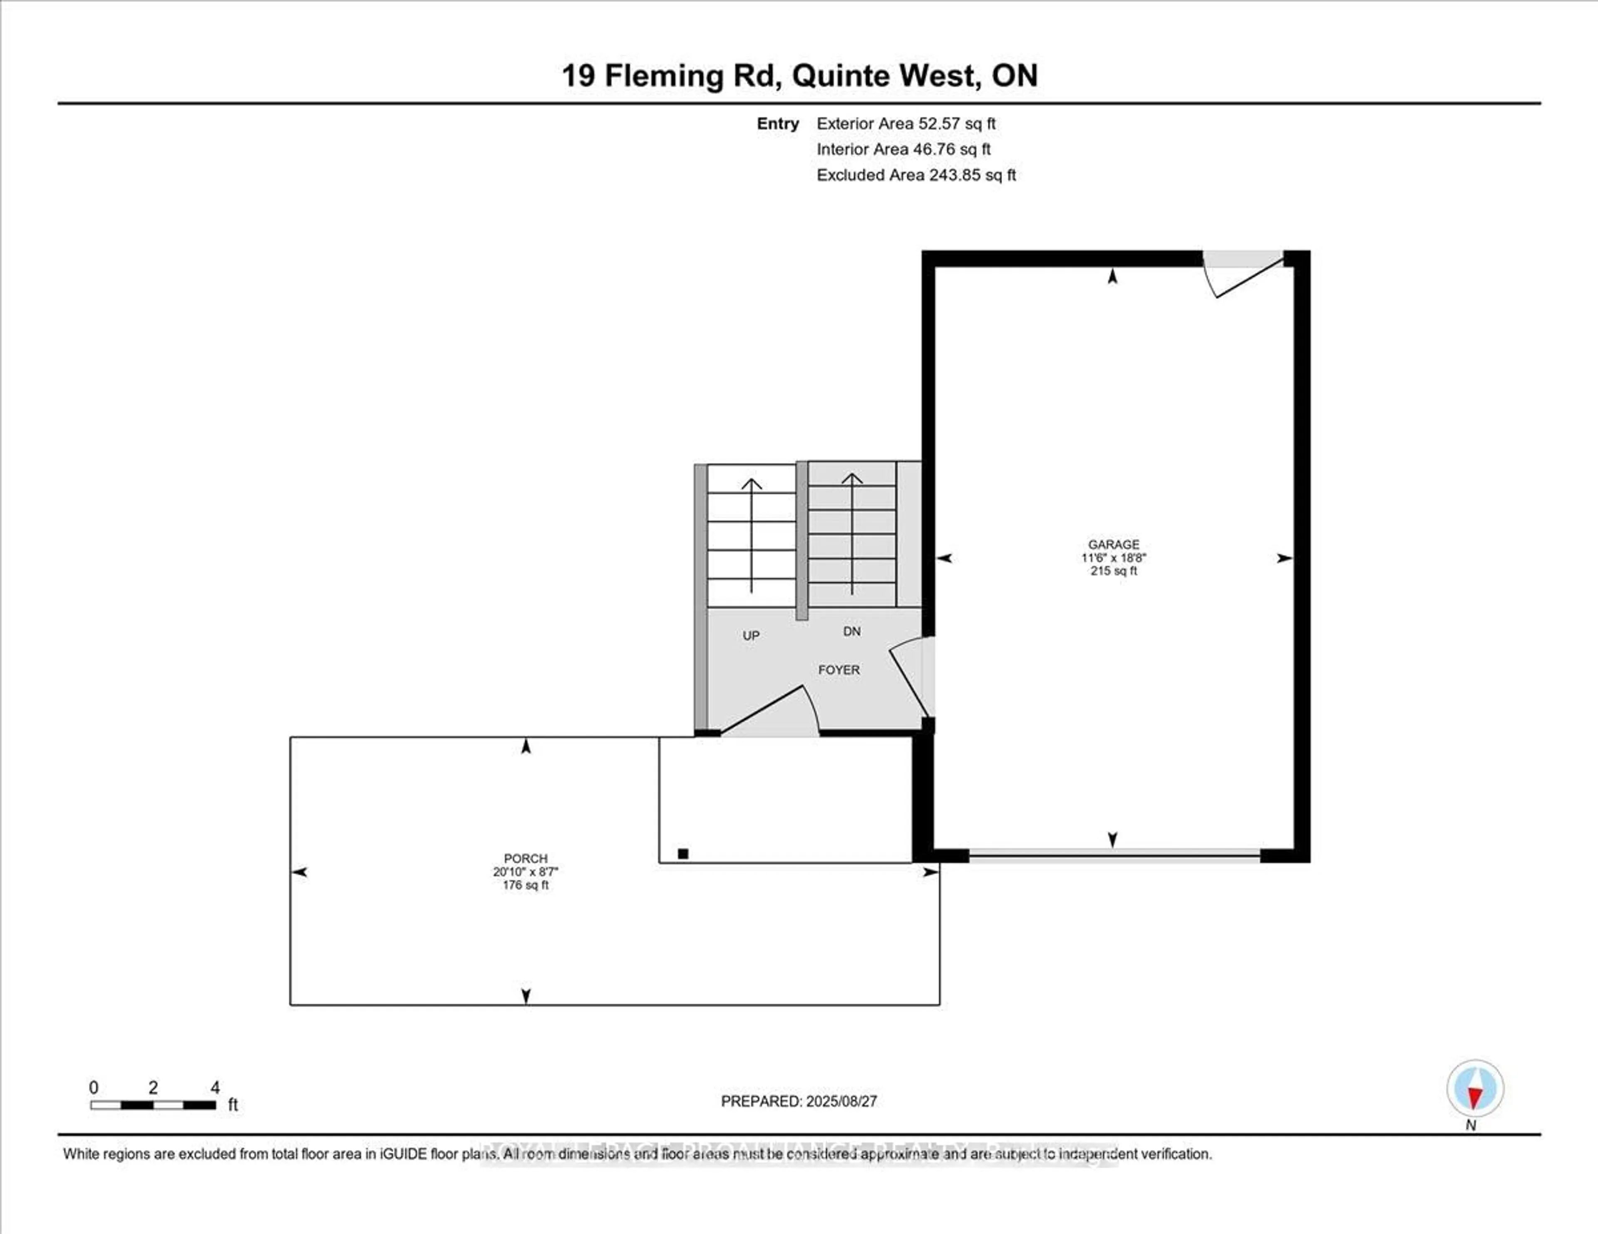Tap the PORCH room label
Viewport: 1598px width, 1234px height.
(x=525, y=858)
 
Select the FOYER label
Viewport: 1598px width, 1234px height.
(x=839, y=669)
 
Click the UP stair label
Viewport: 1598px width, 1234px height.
(x=751, y=636)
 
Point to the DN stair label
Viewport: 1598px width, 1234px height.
(x=852, y=631)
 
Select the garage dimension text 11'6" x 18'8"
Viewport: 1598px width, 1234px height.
(x=1114, y=558)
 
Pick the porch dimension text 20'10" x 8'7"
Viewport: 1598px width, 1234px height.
(x=525, y=871)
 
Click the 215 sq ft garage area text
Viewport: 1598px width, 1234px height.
(x=1114, y=570)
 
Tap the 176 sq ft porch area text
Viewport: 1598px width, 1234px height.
(x=525, y=885)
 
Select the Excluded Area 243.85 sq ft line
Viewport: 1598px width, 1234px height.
(x=916, y=175)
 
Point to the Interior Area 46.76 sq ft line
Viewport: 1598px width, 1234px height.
(x=903, y=149)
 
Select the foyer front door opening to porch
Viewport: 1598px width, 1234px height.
(x=768, y=713)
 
